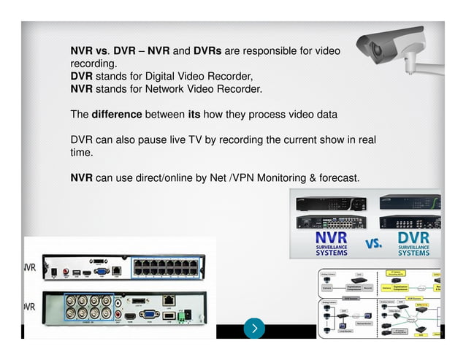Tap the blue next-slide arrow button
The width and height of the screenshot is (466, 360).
click(254, 328)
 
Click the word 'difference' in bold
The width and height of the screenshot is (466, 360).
click(116, 115)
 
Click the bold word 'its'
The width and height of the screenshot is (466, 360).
click(194, 115)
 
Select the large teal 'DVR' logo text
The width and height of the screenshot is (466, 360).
click(413, 238)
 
